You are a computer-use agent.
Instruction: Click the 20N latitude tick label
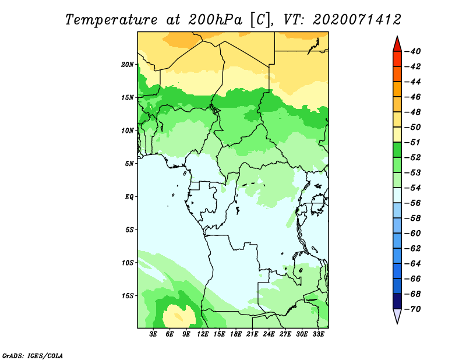point(128,65)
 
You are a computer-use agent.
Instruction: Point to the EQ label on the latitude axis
point(129,197)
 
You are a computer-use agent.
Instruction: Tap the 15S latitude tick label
point(128,296)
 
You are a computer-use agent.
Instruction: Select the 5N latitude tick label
point(129,164)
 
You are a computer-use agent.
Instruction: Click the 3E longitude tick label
point(153,334)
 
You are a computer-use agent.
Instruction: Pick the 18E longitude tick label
point(236,334)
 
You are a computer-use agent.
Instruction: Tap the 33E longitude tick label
point(318,334)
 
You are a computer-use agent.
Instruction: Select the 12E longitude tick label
point(203,334)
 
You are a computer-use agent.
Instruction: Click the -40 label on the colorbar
point(413,51)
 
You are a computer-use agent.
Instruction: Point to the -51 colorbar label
point(413,142)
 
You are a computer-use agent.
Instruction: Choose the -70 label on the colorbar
point(413,309)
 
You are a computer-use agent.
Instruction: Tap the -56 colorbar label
point(413,203)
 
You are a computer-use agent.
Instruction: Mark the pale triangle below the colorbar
point(397,315)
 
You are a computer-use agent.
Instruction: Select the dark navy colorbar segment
point(397,301)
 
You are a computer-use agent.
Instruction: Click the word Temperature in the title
point(111,20)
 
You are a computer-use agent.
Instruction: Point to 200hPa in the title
point(216,20)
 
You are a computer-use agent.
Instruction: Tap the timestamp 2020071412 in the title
point(357,20)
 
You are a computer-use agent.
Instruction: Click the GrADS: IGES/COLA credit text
point(33,355)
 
